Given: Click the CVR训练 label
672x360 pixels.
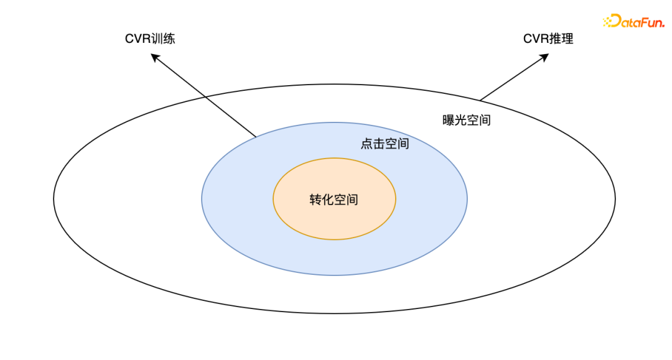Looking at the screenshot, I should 150,39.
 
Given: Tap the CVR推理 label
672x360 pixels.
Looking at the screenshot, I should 548,39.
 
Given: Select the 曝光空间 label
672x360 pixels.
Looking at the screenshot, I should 467,120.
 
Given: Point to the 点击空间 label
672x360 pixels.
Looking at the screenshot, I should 385,144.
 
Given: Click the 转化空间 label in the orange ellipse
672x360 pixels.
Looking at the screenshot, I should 334,200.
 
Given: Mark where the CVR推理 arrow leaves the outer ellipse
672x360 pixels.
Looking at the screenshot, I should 480,99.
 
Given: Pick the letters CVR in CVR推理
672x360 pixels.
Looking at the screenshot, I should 536,39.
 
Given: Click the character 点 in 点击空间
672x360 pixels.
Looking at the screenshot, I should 367,144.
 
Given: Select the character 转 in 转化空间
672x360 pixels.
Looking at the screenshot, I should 316,200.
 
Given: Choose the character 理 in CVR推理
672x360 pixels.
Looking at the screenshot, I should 567,39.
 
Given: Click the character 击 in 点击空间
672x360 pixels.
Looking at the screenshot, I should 379,144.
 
